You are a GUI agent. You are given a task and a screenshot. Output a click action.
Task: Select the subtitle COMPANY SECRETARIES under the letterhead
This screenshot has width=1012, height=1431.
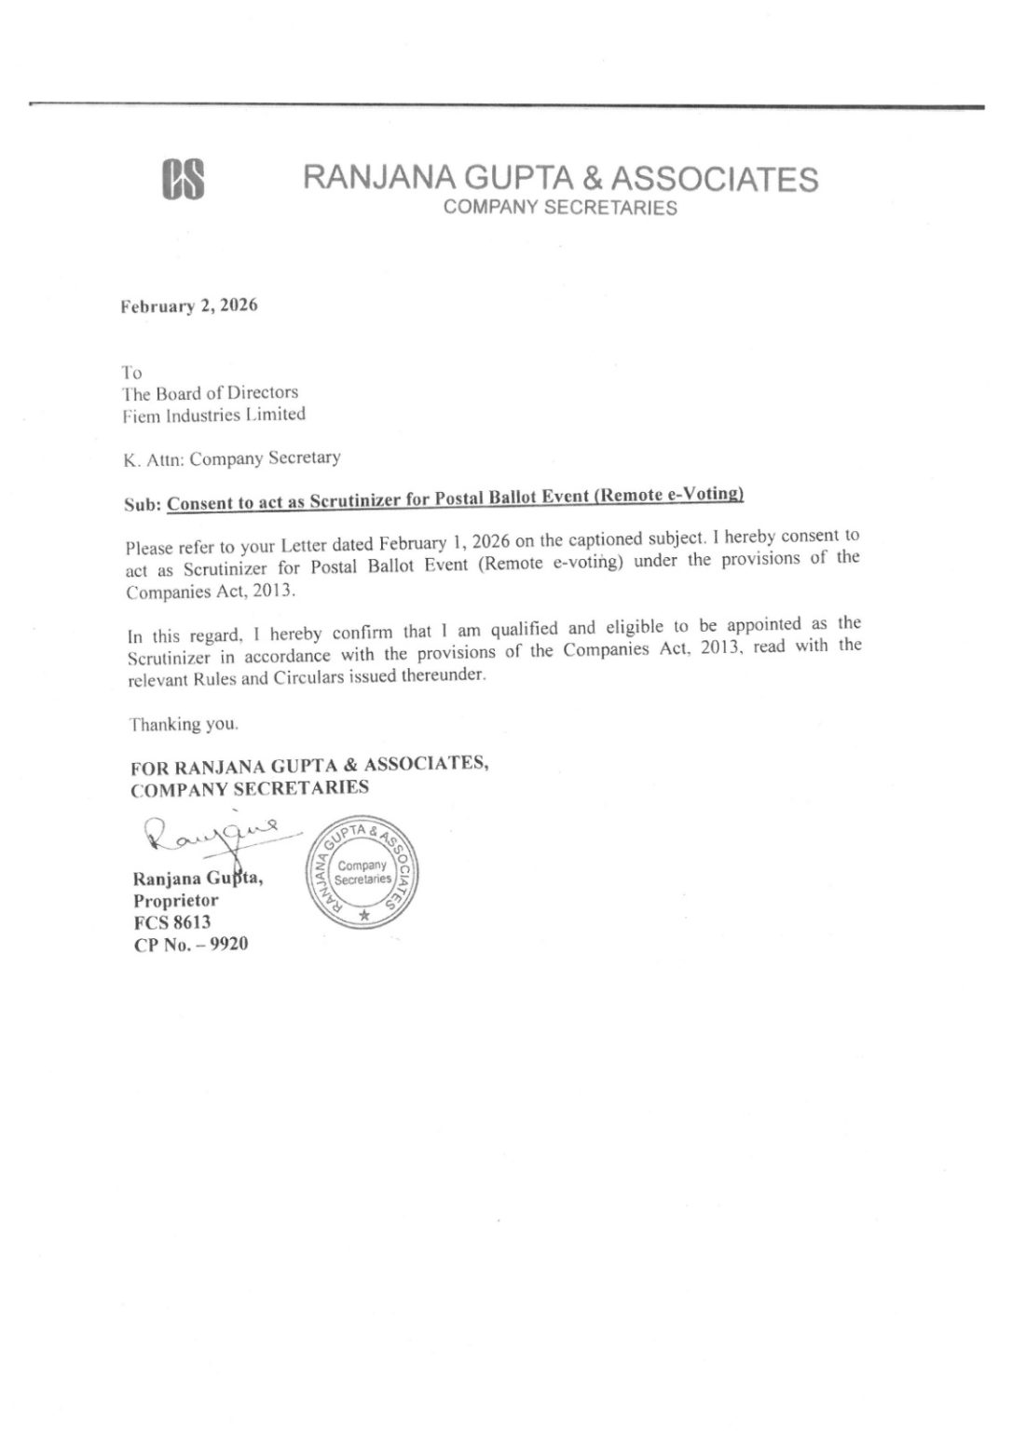[560, 208]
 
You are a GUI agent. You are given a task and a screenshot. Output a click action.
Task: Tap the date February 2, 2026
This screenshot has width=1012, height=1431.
[188, 307]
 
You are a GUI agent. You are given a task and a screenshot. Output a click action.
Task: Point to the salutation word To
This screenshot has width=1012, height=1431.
[132, 373]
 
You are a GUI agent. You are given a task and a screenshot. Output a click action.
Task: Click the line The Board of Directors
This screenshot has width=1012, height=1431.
[211, 393]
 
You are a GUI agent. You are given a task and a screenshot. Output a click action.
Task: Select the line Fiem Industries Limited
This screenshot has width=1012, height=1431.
[214, 415]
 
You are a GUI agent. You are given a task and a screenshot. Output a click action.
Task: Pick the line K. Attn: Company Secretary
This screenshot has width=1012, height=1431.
[232, 458]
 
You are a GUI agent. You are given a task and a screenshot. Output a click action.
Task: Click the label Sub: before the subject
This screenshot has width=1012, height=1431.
[143, 503]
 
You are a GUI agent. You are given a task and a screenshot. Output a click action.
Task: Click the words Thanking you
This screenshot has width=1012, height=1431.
[185, 724]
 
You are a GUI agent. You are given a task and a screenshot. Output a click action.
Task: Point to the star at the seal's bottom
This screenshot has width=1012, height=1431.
[363, 916]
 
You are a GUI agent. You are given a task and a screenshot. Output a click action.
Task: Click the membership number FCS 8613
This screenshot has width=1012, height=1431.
[172, 922]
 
